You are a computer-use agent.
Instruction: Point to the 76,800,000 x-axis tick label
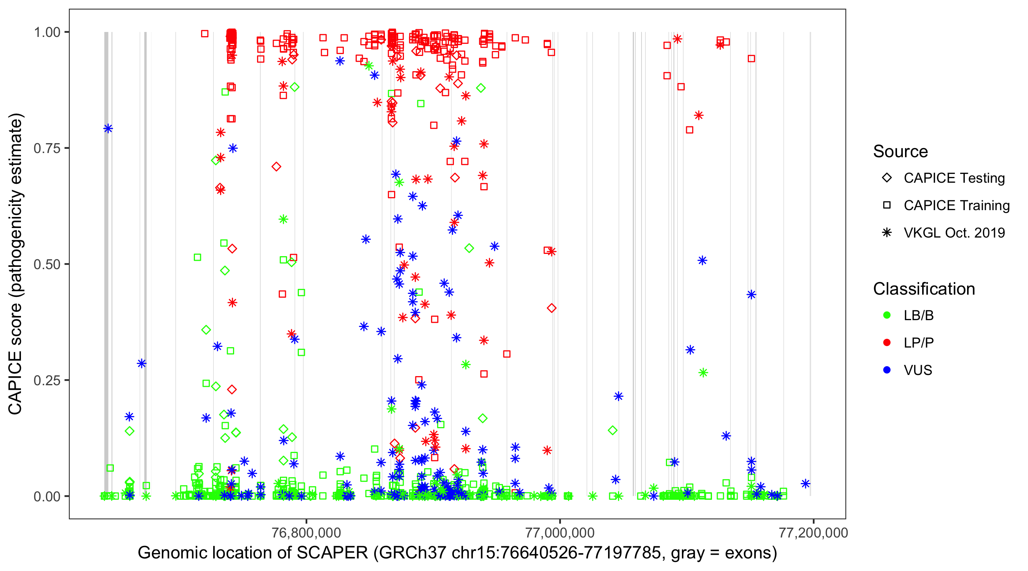pos(306,533)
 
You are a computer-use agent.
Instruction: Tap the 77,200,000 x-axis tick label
pos(813,533)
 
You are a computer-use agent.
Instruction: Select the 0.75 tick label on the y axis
pos(47,148)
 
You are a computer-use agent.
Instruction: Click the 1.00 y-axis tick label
pos(47,32)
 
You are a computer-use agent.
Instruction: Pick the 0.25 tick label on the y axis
pos(47,380)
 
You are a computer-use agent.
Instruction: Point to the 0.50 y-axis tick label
pos(47,265)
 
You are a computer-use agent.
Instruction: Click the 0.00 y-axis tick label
pos(47,496)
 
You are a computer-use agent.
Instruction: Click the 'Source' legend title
pos(900,152)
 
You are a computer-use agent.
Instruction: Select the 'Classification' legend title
pos(924,289)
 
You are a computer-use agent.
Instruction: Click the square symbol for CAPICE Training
pos(887,206)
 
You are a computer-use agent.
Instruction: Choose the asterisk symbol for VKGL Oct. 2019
pos(887,233)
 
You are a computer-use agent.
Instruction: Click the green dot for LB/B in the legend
pos(887,315)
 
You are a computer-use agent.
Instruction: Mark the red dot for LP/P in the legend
pos(887,343)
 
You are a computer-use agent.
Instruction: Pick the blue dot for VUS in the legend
pos(887,370)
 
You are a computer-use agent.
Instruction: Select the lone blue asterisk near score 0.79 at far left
pos(108,129)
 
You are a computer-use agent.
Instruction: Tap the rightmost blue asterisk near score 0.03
pos(805,483)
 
